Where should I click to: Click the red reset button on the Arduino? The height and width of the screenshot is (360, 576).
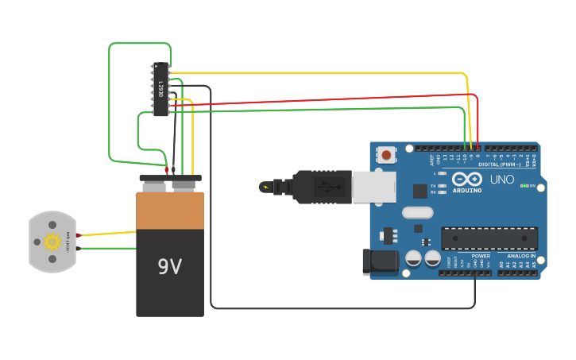point(387,154)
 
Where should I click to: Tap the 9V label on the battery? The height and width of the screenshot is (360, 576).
point(169,266)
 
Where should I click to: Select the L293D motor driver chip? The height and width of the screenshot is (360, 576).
point(160,89)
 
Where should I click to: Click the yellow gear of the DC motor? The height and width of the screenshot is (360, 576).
point(52,242)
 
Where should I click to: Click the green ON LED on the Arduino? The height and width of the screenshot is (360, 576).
point(524,185)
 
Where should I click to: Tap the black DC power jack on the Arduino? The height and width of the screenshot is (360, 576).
point(379,262)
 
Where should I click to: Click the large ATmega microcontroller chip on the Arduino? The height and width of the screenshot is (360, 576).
point(489,238)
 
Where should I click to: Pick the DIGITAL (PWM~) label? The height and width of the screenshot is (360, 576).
point(500,165)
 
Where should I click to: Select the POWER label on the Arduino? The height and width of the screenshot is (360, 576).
point(481,256)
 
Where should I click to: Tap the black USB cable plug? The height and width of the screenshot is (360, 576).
point(321,187)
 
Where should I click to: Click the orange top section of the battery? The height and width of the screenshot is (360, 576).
point(170,211)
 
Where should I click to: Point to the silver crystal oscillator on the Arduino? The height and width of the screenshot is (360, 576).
point(417,212)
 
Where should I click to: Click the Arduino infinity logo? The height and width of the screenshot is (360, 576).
point(466,180)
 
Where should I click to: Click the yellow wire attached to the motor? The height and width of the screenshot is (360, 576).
point(107,234)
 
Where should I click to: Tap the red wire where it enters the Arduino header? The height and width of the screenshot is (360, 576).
point(477,145)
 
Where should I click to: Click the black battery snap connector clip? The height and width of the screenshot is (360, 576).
point(170,179)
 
